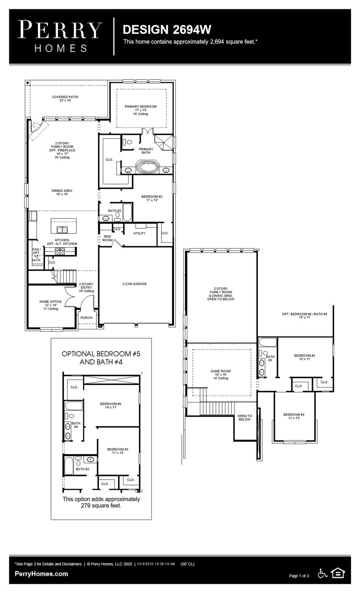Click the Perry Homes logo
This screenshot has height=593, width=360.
[x=60, y=36]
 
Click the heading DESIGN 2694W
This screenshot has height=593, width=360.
[x=166, y=30]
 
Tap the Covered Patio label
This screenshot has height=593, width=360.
[x=65, y=98]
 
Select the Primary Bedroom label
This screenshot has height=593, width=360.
[x=141, y=110]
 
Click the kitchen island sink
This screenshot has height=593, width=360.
[x=62, y=230]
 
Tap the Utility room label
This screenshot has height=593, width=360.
[x=139, y=233]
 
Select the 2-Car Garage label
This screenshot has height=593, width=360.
[x=134, y=284]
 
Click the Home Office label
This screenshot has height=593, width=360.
[x=50, y=305]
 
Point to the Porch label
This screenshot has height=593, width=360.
[x=86, y=318]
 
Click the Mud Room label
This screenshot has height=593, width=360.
[x=107, y=238]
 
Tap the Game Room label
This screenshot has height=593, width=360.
[x=221, y=374]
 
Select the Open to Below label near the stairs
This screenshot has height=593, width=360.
[x=245, y=418]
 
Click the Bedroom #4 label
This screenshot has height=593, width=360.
[x=294, y=416]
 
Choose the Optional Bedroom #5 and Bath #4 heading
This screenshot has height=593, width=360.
[x=101, y=358]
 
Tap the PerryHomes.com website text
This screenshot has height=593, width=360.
[x=41, y=574]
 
